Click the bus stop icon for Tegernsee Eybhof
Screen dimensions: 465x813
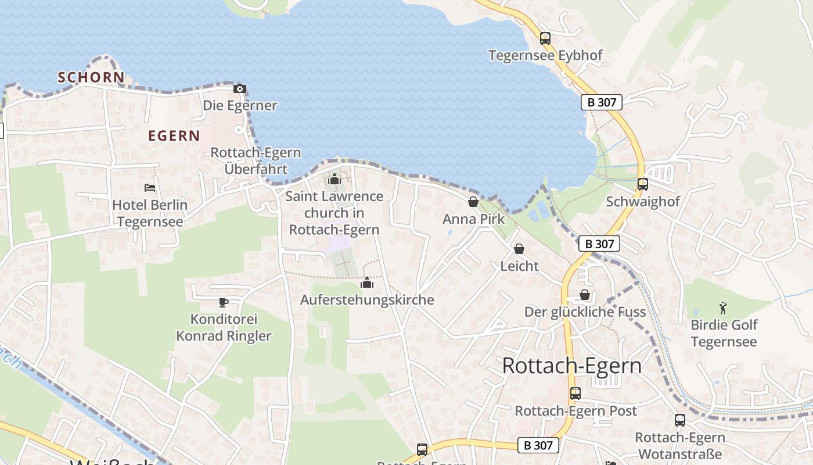545,38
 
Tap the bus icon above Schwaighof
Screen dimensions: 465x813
642,184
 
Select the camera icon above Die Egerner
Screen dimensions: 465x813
239,89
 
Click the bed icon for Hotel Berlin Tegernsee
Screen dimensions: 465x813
150,188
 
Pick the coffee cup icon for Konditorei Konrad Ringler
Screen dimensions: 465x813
224,302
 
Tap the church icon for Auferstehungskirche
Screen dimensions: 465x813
366,283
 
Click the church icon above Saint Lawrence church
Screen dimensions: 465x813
334,179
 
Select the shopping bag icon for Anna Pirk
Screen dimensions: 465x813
473,202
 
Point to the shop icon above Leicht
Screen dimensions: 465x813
519,249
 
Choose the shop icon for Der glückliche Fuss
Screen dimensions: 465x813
585,295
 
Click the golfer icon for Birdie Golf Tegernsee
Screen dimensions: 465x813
723,307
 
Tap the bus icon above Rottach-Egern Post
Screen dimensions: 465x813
575,394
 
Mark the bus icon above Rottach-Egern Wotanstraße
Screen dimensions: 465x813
679,420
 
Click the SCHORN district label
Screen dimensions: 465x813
91,77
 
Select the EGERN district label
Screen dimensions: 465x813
174,136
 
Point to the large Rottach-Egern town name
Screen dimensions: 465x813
572,366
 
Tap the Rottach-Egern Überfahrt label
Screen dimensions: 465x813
256,161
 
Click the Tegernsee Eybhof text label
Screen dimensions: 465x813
545,55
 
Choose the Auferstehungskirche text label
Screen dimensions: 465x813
367,300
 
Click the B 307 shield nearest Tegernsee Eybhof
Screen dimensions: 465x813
602,102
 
